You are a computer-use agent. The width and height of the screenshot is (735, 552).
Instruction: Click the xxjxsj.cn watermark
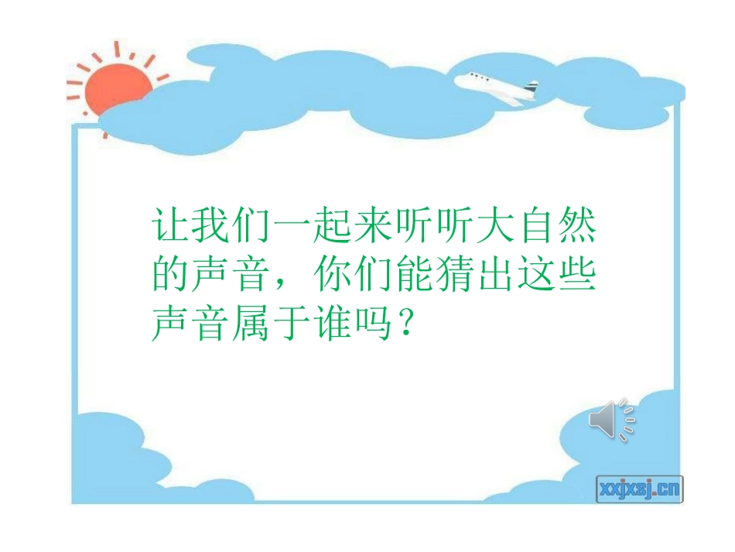[639, 488]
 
